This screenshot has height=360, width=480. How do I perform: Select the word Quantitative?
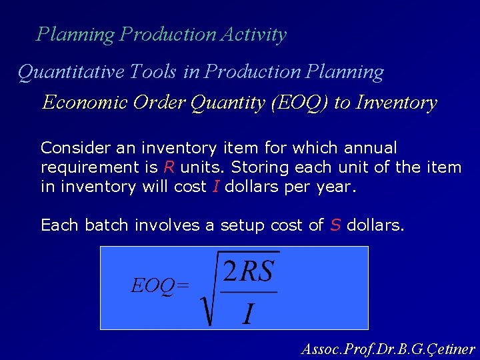(x=63, y=72)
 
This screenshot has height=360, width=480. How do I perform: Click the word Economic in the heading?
(x=85, y=103)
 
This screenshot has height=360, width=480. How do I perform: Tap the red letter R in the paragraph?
(x=169, y=167)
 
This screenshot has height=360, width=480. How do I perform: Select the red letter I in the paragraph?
(x=215, y=187)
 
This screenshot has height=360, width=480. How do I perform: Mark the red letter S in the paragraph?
(x=335, y=225)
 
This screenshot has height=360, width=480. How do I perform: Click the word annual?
(x=369, y=147)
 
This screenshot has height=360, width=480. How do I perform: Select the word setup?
(x=241, y=225)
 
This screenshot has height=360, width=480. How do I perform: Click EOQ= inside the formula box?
(x=160, y=286)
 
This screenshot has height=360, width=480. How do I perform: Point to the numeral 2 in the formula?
(x=230, y=272)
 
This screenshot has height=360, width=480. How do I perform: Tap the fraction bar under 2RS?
(x=249, y=292)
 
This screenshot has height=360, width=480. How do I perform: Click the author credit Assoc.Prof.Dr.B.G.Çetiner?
(x=388, y=349)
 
